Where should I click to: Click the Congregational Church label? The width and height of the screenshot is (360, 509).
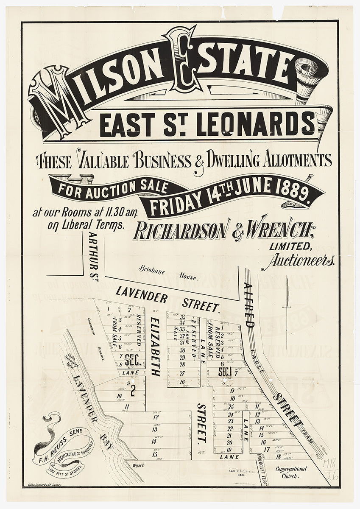coord(291,473)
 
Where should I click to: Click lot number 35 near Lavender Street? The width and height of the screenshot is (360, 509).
coord(183,317)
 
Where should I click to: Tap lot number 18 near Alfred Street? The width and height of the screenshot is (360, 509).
coord(278,456)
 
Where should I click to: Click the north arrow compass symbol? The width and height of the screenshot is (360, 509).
coord(287,293)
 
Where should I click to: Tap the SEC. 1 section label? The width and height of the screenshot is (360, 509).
coord(224,372)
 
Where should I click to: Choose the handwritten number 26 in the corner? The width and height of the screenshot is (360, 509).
coord(331,475)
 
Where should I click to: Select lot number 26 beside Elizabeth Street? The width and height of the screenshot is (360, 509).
coord(182,382)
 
